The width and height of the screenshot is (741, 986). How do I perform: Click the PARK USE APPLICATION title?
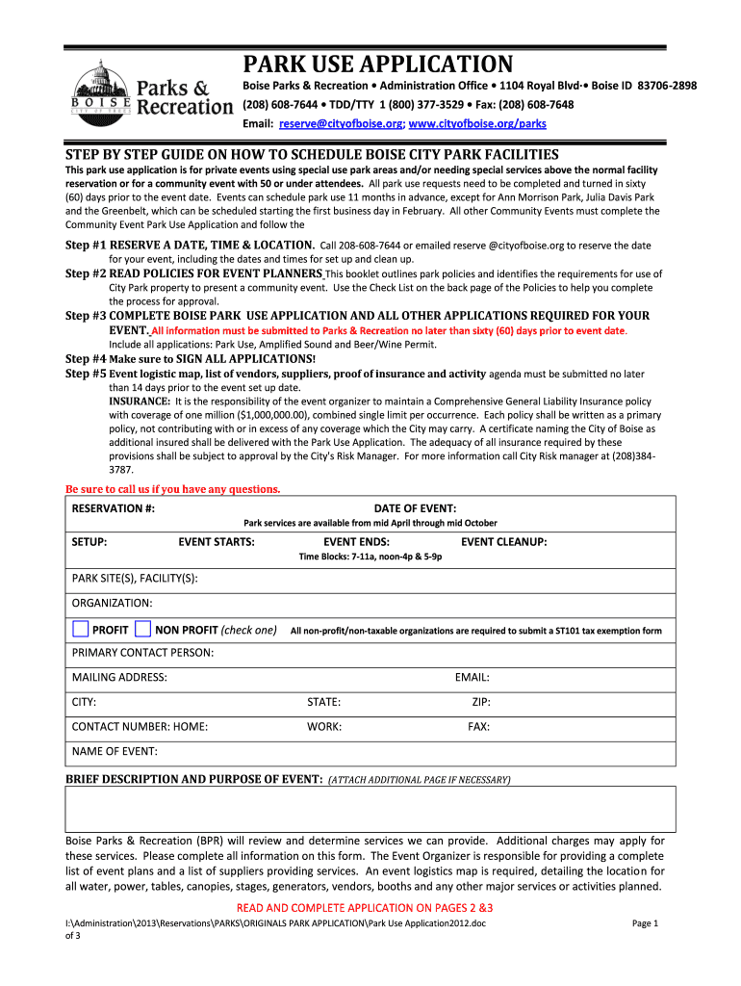(376, 65)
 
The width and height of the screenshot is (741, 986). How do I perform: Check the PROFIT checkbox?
(81, 630)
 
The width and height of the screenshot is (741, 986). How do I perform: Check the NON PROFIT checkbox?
(142, 630)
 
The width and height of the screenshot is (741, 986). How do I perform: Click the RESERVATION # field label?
(114, 508)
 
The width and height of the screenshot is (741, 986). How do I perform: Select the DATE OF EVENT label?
(415, 508)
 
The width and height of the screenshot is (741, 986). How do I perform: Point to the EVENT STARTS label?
(217, 542)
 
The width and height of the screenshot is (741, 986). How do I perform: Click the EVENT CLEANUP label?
(503, 542)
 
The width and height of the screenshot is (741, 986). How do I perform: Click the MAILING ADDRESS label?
(119, 678)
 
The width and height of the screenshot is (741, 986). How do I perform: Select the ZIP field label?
(481, 703)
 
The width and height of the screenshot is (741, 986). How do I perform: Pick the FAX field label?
(478, 727)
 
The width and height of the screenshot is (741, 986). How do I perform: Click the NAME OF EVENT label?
(115, 751)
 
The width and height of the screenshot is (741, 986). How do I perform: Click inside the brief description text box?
(370, 809)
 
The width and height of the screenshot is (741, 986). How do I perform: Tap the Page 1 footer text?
(644, 923)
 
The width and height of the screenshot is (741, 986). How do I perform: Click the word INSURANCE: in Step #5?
(140, 400)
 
